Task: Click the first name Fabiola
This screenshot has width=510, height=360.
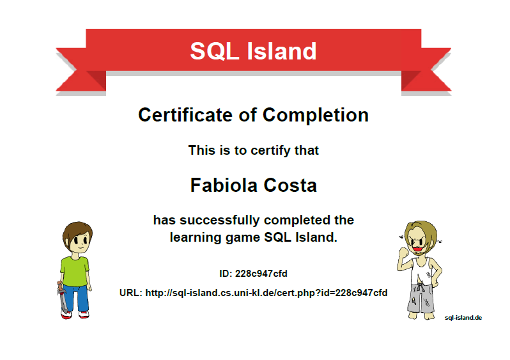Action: tap(221, 185)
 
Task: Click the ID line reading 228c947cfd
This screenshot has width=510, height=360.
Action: tap(254, 274)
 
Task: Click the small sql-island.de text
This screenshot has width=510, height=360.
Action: tap(463, 317)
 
